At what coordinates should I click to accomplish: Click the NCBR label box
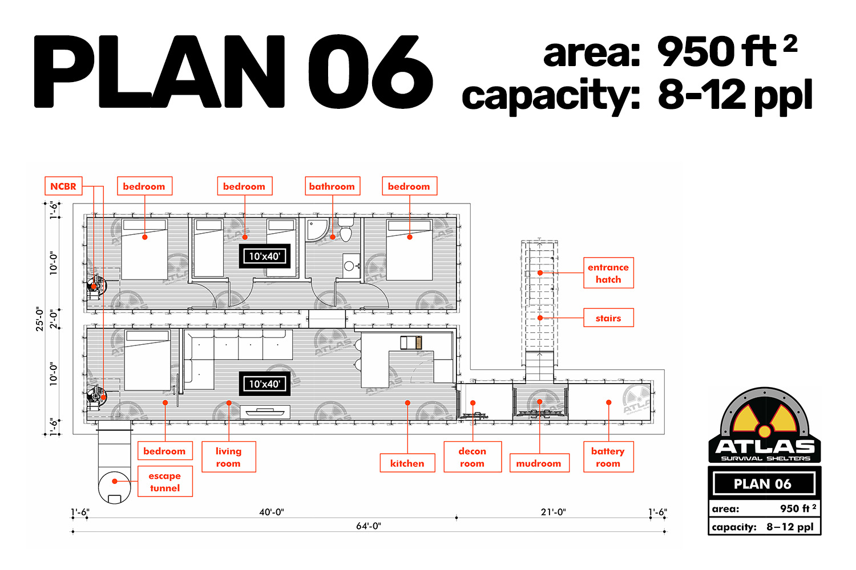click(x=63, y=186)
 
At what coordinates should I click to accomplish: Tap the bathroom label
click(x=332, y=186)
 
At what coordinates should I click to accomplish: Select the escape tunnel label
click(x=165, y=482)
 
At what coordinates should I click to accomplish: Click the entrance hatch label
click(x=608, y=273)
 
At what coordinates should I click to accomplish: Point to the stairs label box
click(x=608, y=317)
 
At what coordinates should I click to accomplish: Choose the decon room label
click(x=473, y=457)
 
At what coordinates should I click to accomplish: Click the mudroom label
click(x=539, y=463)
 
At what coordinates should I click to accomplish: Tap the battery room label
click(x=608, y=457)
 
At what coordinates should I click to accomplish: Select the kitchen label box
click(x=407, y=463)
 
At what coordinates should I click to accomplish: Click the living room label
click(x=228, y=457)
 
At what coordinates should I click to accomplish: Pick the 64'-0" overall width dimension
click(x=369, y=526)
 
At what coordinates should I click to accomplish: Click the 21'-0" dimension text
click(x=554, y=512)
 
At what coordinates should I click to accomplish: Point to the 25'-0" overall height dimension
click(x=40, y=319)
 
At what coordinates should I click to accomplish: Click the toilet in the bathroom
click(x=346, y=230)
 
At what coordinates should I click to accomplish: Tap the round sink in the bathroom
click(x=349, y=266)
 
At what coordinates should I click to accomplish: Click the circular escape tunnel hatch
click(x=114, y=487)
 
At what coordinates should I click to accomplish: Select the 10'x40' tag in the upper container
click(x=265, y=256)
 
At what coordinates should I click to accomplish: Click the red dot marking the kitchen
click(x=408, y=403)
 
